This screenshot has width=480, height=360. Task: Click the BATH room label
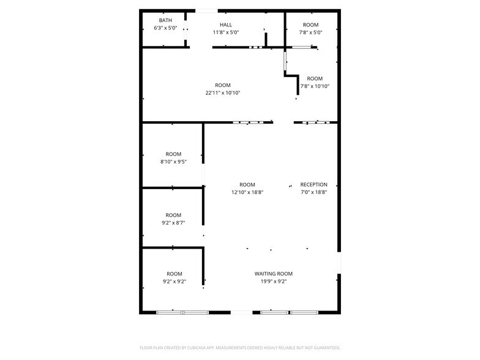[165, 20]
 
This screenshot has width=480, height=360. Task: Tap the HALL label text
[226, 24]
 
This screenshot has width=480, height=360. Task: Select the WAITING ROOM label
[274, 274]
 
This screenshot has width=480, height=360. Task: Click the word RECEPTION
[313, 184]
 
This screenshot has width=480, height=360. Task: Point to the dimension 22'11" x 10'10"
[223, 93]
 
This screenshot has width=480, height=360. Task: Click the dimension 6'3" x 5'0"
[165, 28]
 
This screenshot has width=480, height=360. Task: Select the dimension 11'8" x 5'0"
[226, 32]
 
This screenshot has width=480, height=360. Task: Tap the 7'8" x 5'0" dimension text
[310, 32]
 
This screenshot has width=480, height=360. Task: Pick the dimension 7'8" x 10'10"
[315, 86]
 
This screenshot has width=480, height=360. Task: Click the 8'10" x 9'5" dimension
[173, 162]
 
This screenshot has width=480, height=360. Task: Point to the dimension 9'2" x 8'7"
[173, 223]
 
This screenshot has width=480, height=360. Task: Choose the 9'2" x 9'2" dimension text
[174, 282]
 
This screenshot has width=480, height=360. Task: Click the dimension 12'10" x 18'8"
[247, 192]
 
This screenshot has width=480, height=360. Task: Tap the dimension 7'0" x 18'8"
[313, 192]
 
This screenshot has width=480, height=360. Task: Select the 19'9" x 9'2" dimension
[274, 282]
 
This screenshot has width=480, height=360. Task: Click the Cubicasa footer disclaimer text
[240, 348]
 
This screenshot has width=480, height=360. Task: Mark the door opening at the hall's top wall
[206, 10]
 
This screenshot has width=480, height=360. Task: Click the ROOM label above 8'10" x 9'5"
[173, 154]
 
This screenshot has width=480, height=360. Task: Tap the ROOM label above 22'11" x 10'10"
[223, 85]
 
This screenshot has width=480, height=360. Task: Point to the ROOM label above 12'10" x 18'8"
[247, 184]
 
